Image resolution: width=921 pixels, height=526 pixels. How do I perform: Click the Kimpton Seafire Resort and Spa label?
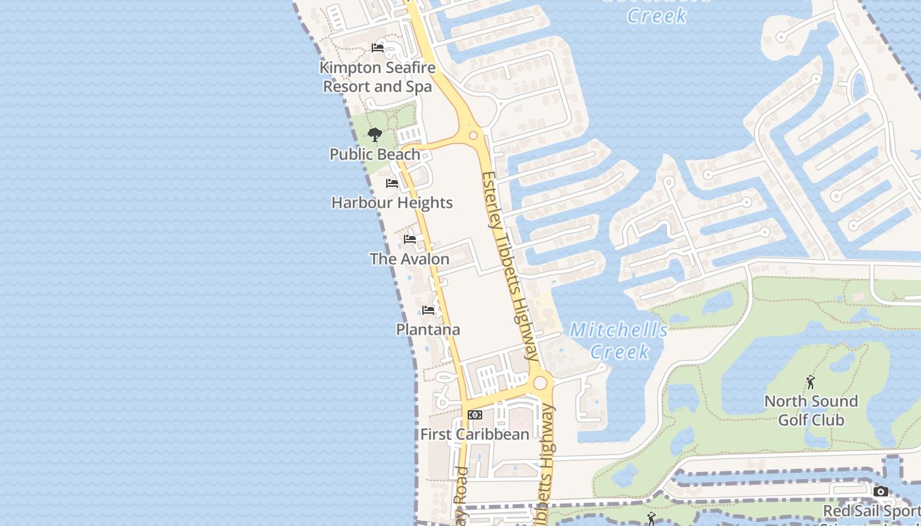click(x=378, y=77)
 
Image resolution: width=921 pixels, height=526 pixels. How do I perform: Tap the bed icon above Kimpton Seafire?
click(x=378, y=48)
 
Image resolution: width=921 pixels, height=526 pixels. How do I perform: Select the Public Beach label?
click(x=374, y=155)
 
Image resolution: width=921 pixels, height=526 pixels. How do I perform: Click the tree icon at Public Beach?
click(x=375, y=135)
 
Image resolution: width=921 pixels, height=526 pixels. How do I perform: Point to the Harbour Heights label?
click(x=392, y=203)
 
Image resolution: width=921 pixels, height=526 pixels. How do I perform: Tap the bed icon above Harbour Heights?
click(x=392, y=183)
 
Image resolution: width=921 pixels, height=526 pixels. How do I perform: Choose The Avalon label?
click(x=409, y=259)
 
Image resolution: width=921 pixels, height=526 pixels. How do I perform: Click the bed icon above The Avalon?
click(x=410, y=239)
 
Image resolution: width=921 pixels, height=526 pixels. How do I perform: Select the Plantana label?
click(x=428, y=329)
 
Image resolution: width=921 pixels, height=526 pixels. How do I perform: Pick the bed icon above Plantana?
click(x=428, y=310)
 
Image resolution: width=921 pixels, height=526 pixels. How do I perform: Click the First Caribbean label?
click(x=474, y=435)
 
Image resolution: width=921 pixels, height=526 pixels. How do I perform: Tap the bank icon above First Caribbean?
click(x=474, y=415)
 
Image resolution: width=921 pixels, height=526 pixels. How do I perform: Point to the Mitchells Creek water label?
click(x=619, y=341)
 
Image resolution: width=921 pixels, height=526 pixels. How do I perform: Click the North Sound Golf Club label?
click(x=810, y=410)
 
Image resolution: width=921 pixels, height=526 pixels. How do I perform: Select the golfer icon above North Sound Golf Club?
click(x=810, y=382)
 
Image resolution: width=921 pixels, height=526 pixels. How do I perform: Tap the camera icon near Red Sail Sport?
click(x=880, y=492)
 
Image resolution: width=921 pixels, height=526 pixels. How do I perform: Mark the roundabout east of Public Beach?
click(x=473, y=136)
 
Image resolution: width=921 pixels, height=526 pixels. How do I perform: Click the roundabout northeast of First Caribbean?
click(x=541, y=383)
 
